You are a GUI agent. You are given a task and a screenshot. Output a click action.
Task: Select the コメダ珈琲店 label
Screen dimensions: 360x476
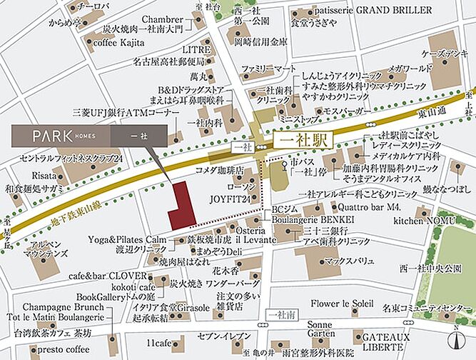click(x=221, y=172)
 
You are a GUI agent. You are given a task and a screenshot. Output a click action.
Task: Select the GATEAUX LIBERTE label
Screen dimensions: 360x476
click(x=386, y=341)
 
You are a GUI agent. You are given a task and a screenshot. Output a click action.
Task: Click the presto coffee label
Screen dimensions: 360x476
click(x=64, y=350)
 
